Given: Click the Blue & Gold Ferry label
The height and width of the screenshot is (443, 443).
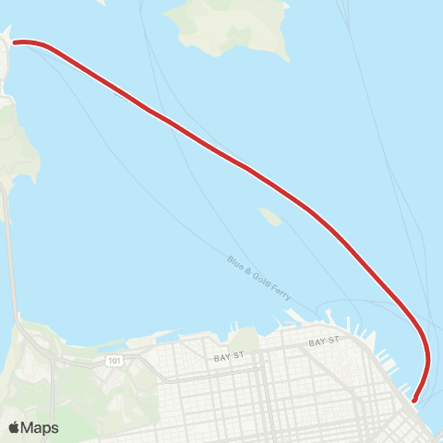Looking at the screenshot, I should pyautogui.click(x=259, y=277).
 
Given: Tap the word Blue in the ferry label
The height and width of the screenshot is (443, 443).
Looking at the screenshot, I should pyautogui.click(x=235, y=263).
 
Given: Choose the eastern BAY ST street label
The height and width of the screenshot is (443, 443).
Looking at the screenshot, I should pyautogui.click(x=325, y=341).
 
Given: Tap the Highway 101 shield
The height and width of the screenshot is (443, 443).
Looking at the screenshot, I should pyautogui.click(x=113, y=359).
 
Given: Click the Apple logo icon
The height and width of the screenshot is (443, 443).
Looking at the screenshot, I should pyautogui.click(x=15, y=427).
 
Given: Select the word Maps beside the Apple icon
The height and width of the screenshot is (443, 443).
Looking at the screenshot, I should pyautogui.click(x=41, y=428).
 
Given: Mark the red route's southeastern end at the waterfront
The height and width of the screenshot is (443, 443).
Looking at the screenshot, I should pyautogui.click(x=413, y=400).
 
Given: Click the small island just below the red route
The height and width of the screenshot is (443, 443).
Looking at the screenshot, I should pyautogui.click(x=270, y=217).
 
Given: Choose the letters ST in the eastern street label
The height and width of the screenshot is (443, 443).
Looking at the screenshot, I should pyautogui.click(x=334, y=341).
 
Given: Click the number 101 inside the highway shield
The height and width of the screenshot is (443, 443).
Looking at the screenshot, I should pyautogui.click(x=113, y=359).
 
